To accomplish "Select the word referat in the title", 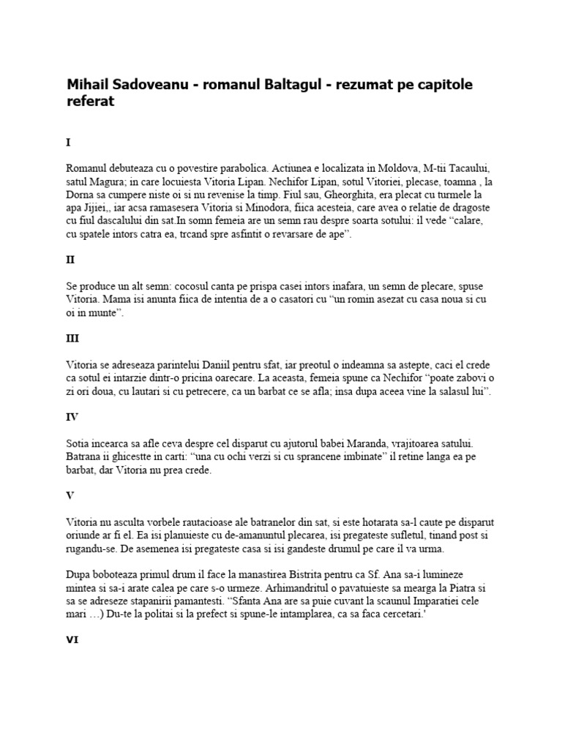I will coord(91,103).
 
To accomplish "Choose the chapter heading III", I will coord(72,339).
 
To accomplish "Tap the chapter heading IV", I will coord(72,418).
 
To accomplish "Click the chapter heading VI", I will coord(72,639).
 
